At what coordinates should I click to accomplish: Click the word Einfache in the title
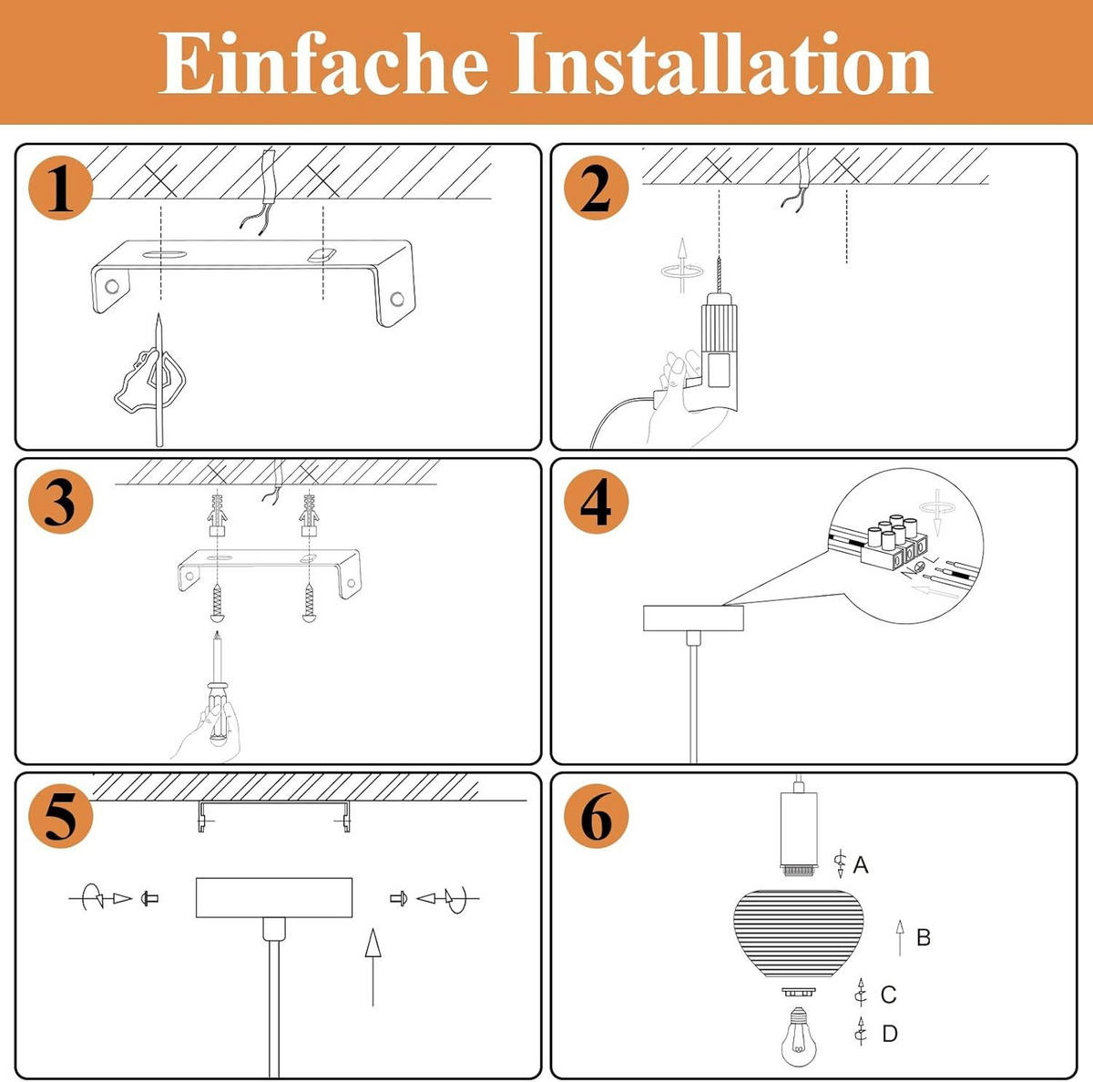tap(323, 64)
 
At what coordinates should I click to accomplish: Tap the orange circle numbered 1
tap(60, 189)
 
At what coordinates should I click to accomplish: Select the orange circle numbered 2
tap(596, 189)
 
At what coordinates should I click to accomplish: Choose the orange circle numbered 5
tap(60, 816)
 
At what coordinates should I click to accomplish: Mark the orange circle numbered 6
tap(596, 816)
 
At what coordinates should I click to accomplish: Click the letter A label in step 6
tap(861, 865)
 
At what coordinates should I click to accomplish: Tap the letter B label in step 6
tap(923, 937)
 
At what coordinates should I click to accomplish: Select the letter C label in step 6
tap(889, 995)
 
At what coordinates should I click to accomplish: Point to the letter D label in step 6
tap(890, 1034)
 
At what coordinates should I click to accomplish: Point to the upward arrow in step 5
tap(373, 965)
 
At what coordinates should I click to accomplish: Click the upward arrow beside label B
tap(900, 937)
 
